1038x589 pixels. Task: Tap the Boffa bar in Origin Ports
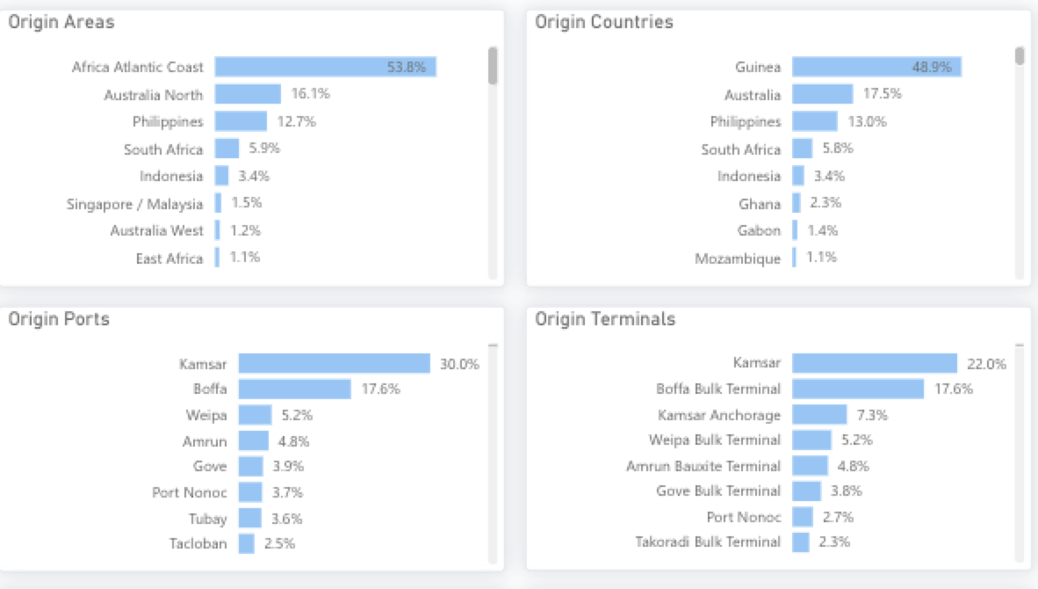[x=294, y=389]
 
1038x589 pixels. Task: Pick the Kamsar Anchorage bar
[x=819, y=414]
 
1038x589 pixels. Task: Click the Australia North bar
[x=248, y=94]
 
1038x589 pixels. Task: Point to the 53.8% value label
[x=406, y=67]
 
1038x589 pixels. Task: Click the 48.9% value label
[x=931, y=67]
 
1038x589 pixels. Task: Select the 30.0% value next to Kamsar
[x=459, y=364]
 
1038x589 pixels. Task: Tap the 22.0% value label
[x=986, y=364]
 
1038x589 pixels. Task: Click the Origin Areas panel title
[x=61, y=22]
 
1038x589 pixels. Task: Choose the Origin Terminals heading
[x=605, y=319]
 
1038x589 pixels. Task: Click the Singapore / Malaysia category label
[x=134, y=204]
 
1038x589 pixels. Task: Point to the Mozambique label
[x=737, y=258]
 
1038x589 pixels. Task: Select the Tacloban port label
[x=198, y=543]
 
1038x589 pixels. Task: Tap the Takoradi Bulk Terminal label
[x=707, y=542]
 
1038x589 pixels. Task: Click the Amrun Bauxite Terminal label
[x=703, y=466]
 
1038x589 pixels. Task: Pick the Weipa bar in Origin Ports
[x=255, y=415]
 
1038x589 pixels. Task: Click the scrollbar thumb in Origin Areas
[x=493, y=66]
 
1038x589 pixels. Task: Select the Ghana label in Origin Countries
[x=759, y=204]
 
